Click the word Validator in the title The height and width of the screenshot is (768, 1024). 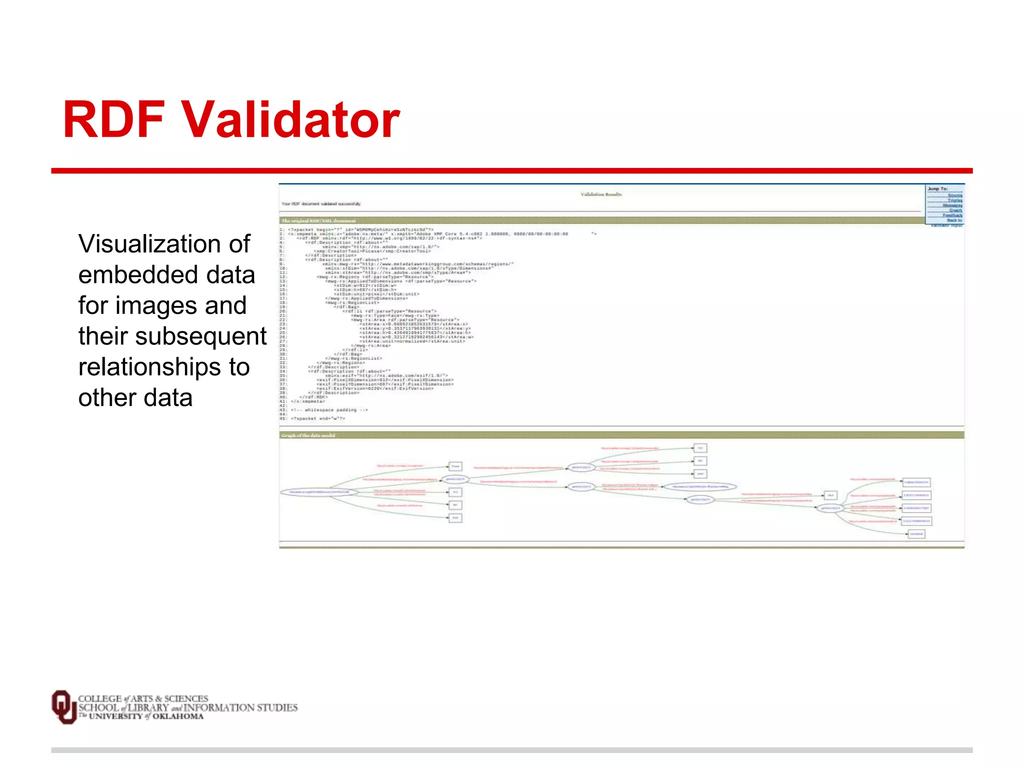point(290,120)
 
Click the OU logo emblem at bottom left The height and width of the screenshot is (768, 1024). point(63,706)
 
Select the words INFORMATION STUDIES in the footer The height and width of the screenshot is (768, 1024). point(240,707)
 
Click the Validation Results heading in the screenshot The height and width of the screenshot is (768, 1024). point(601,194)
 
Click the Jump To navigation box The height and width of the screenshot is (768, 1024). point(944,204)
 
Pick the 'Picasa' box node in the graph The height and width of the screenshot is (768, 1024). point(455,466)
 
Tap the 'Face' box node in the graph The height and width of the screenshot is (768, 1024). point(830,495)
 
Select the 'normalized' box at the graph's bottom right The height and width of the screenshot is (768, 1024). point(916,534)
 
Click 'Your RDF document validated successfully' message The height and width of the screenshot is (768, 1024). point(321,204)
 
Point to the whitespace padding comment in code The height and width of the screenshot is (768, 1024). point(329,410)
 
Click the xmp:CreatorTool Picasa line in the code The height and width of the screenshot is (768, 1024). point(372,251)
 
